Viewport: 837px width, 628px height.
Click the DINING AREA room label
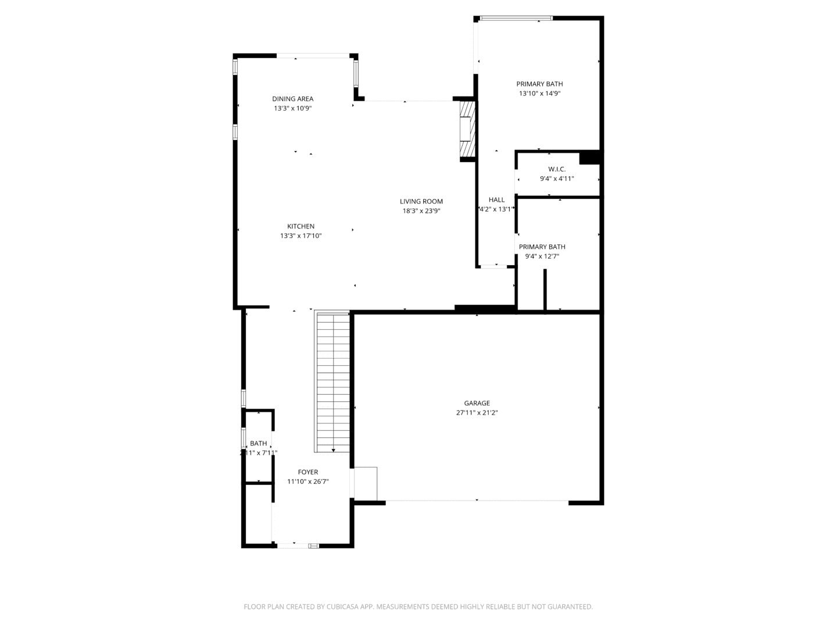tap(292, 99)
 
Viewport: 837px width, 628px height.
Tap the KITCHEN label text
tap(301, 226)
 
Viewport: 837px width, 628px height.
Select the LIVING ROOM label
tap(421, 202)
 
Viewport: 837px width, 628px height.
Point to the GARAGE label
tap(477, 403)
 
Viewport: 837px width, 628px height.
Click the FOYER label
tap(307, 472)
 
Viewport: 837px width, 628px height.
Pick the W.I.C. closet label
tap(556, 169)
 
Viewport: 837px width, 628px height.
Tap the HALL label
tap(496, 200)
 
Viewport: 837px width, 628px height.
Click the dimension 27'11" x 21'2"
tap(477, 413)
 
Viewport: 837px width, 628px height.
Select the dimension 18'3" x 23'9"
tap(421, 211)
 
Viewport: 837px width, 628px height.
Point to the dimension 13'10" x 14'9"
tap(539, 94)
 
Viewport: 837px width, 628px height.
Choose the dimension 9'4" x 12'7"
tap(542, 256)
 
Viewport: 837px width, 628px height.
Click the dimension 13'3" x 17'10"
tap(301, 236)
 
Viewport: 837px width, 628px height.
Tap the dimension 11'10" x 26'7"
tap(307, 481)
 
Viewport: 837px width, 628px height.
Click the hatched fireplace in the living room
tap(467, 130)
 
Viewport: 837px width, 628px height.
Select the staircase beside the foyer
tap(333, 381)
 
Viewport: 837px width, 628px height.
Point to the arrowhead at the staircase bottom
tap(333, 450)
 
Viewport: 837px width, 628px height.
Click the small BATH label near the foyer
tap(258, 443)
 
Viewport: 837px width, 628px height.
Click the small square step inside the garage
tap(366, 483)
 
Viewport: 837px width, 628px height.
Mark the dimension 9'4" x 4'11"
tap(556, 179)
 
